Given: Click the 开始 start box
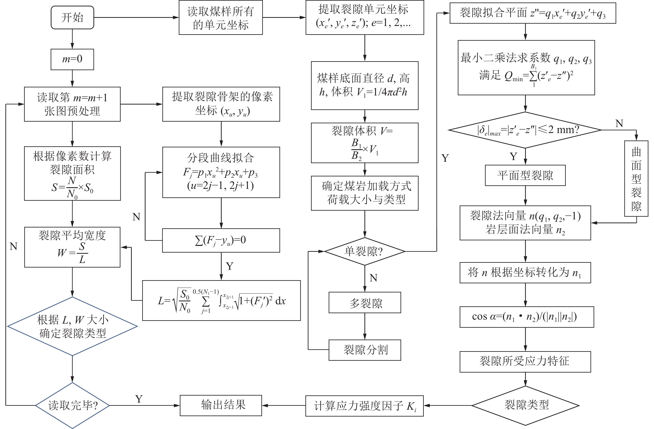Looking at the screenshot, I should (x=72, y=18).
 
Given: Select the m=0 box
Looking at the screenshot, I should (x=72, y=59).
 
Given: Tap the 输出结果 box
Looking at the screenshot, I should (x=221, y=405).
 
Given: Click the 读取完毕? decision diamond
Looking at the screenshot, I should (x=72, y=405).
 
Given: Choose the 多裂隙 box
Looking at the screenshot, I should (x=365, y=302).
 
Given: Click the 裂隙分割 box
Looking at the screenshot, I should (x=365, y=350).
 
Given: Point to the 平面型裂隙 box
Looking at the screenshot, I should (x=525, y=175).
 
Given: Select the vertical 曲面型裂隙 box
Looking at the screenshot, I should (x=636, y=178).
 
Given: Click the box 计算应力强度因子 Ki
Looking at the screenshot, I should (x=364, y=406).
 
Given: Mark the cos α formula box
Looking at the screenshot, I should (x=527, y=317).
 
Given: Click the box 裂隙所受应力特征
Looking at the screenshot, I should (x=525, y=361).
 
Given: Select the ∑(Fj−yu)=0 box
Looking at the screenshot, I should (x=221, y=240).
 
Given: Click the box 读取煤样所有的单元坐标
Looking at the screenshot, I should (x=221, y=18).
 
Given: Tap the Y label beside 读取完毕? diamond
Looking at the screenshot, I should (x=139, y=399).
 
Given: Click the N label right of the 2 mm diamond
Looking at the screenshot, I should (x=619, y=123).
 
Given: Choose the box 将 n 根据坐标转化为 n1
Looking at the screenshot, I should (x=525, y=273).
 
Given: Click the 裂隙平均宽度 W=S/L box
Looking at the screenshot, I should (x=72, y=247).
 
